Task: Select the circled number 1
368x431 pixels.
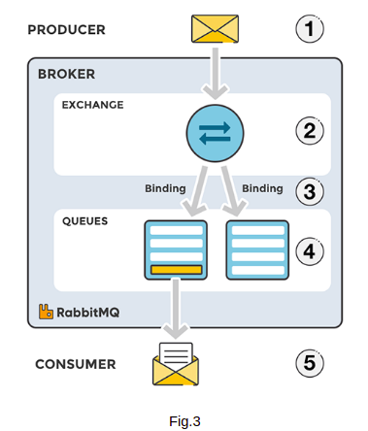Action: (309, 29)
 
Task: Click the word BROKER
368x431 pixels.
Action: (66, 75)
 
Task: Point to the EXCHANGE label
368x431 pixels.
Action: (92, 104)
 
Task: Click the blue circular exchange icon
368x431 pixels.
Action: (214, 132)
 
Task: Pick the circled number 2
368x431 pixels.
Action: (309, 130)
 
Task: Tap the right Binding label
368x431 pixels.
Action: (261, 186)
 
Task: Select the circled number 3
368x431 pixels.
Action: (309, 191)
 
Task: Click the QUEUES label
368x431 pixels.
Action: (84, 220)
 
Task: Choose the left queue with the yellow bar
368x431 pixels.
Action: (175, 249)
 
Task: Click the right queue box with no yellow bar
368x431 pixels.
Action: (257, 249)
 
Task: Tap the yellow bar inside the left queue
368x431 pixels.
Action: (175, 269)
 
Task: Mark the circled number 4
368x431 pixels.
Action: (309, 251)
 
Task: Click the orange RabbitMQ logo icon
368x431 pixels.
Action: (45, 312)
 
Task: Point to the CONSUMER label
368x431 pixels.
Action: (75, 365)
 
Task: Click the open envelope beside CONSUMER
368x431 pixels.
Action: (176, 365)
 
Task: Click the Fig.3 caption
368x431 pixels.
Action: (184, 420)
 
